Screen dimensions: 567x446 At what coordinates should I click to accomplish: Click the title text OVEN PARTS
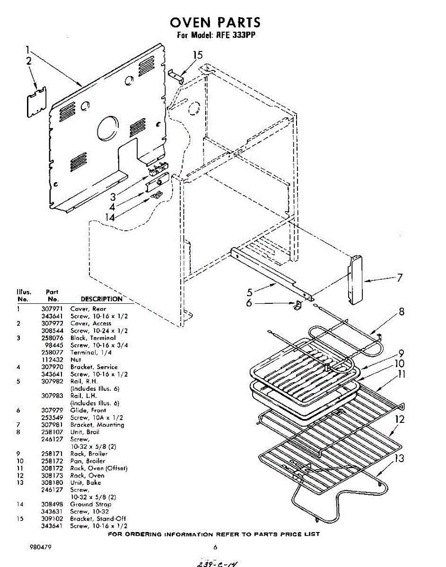(215, 22)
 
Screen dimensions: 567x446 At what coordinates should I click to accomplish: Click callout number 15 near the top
(198, 55)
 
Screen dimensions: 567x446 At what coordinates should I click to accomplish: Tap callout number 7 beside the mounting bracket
(400, 278)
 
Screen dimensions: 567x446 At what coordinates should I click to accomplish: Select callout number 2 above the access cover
(29, 60)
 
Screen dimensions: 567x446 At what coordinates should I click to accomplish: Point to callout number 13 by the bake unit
(399, 458)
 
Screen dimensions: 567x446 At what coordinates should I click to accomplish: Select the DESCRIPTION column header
(101, 299)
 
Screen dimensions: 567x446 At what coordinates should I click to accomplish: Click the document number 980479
(40, 548)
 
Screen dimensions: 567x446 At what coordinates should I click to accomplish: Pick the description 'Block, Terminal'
(93, 338)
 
